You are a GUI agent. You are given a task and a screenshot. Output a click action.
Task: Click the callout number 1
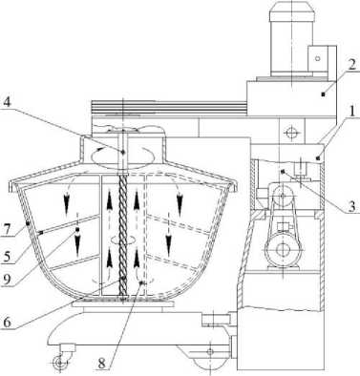[351, 112]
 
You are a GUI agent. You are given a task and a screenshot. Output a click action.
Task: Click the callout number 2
[351, 65]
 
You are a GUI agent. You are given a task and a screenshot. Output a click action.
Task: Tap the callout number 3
[351, 206]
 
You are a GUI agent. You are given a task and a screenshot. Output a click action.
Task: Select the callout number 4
[8, 102]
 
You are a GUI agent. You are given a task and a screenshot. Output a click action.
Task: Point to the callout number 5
[6, 257]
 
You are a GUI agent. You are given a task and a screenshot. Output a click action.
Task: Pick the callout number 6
[7, 322]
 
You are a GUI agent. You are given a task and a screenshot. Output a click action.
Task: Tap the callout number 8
[101, 364]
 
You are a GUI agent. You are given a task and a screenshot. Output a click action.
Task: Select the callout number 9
[6, 280]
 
